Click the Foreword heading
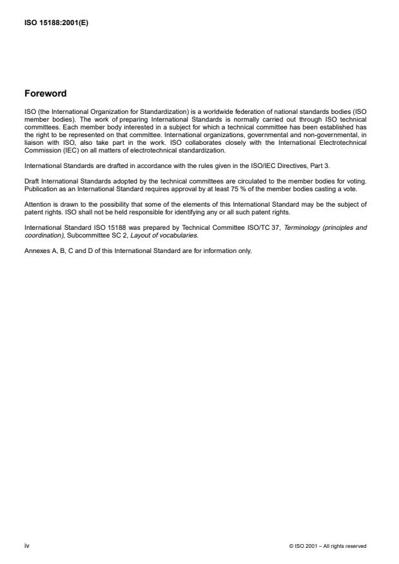44,93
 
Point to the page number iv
26,545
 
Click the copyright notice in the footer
328,546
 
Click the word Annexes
36,250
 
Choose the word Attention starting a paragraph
37,204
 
